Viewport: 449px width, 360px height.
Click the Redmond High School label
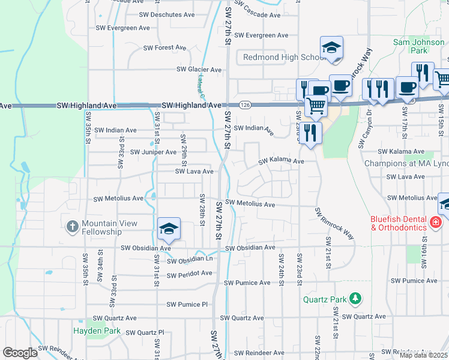click(x=284, y=57)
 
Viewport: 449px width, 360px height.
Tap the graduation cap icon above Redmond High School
click(x=331, y=48)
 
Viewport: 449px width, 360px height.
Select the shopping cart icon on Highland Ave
click(x=316, y=106)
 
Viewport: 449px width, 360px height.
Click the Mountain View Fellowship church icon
click(x=72, y=226)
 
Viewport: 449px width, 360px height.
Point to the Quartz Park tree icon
click(x=355, y=298)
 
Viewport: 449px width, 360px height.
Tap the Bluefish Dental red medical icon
click(x=435, y=223)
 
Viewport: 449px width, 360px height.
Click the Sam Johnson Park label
click(x=418, y=46)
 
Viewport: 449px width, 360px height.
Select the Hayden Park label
click(x=97, y=331)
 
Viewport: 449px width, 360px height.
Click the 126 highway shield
click(x=246, y=105)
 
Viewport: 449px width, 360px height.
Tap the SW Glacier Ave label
click(x=199, y=70)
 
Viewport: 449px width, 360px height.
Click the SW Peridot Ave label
click(x=190, y=275)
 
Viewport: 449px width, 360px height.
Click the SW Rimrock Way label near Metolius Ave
click(x=334, y=223)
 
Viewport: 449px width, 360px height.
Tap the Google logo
click(x=20, y=353)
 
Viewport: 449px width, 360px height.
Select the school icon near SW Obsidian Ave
click(x=169, y=229)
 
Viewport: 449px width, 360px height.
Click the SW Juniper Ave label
click(x=153, y=152)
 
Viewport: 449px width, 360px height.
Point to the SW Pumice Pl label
click(x=184, y=305)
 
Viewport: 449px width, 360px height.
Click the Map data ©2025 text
click(x=423, y=355)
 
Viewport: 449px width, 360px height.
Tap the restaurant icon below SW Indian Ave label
click(x=310, y=133)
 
